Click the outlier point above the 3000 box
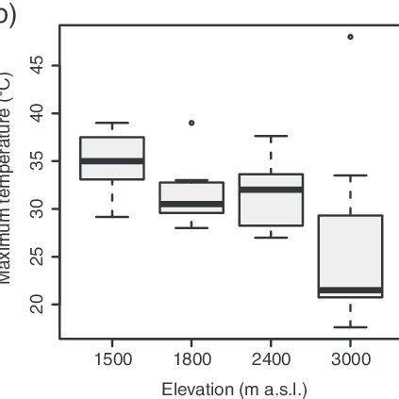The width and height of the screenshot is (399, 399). point(350,37)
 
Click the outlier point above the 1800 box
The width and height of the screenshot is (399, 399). point(191,123)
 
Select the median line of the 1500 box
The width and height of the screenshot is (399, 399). point(112,161)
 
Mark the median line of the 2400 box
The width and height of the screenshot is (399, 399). point(271,190)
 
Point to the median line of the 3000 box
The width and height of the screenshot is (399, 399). point(350,290)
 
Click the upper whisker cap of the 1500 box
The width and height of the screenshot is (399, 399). point(112,123)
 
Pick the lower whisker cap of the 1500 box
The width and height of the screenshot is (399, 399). point(112,217)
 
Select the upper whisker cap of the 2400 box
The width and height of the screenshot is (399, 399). point(271,136)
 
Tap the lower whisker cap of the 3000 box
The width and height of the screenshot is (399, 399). point(350,327)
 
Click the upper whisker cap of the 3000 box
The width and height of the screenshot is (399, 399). point(350,175)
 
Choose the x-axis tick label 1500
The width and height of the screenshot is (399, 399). point(112,359)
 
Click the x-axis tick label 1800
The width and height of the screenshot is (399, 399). point(191,359)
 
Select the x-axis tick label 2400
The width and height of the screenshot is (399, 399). point(271,359)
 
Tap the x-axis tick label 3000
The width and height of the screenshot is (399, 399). point(350,359)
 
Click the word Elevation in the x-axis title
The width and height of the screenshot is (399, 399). point(194,387)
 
